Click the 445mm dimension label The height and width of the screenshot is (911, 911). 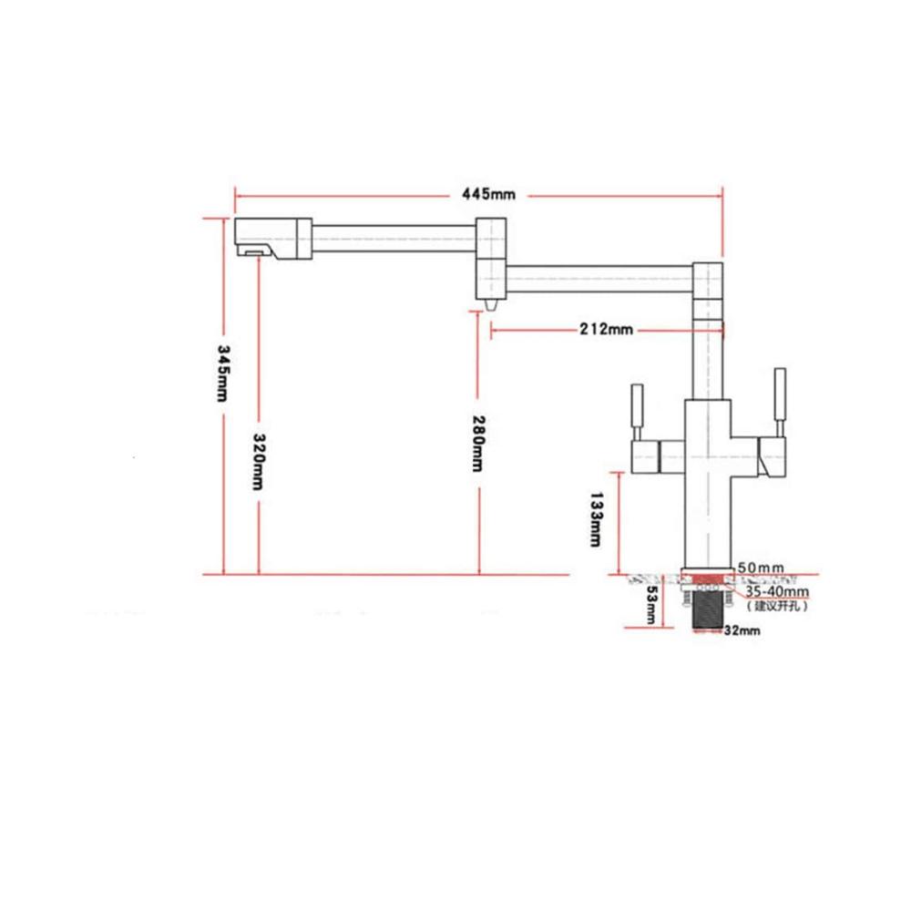488,193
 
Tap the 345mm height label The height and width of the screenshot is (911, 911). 223,373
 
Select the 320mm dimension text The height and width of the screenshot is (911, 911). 259,461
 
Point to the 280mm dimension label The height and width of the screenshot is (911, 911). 477,444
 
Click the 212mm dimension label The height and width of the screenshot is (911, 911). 606,330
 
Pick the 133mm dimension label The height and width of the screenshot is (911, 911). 596,519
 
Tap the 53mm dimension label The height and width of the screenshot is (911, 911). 651,604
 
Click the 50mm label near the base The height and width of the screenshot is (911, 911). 761,568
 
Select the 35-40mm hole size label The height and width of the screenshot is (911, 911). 777,591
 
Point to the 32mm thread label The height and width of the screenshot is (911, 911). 742,630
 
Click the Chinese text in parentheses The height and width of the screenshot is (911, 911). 777,606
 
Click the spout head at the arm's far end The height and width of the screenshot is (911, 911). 273,238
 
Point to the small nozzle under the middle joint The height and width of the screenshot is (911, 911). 491,304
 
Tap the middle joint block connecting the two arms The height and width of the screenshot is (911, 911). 491,258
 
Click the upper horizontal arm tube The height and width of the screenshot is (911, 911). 394,238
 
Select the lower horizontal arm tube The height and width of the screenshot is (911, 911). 599,280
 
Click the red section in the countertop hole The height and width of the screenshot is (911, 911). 708,579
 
